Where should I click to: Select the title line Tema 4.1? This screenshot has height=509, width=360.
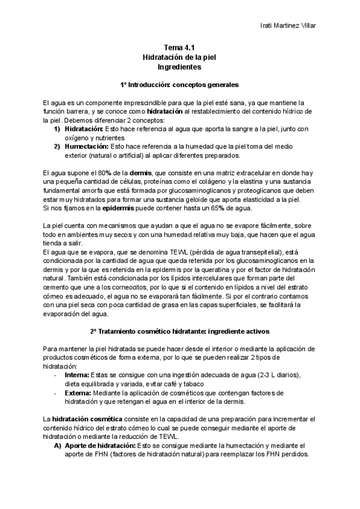[180, 48]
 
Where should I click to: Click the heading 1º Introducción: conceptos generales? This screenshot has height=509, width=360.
[180, 85]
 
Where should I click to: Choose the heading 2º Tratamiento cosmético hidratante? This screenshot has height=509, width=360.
[180, 331]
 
